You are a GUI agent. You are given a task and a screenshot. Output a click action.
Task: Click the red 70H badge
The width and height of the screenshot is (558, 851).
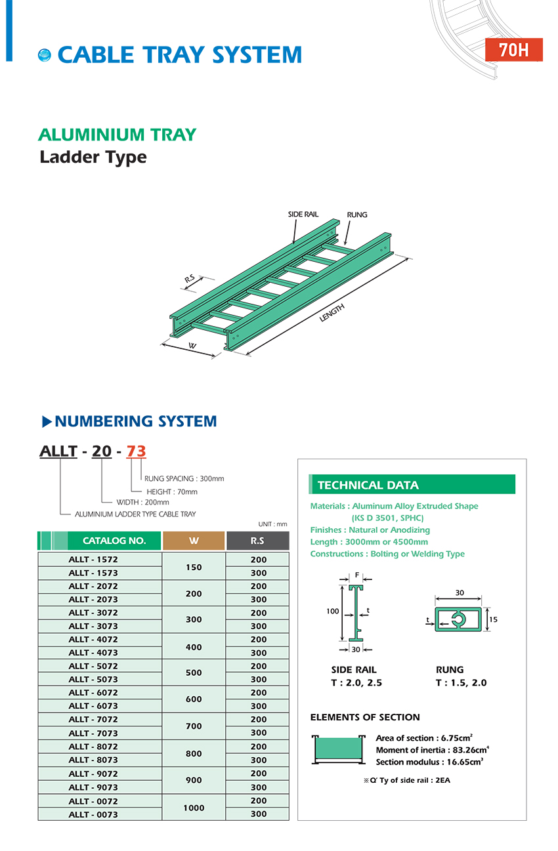[x=513, y=50]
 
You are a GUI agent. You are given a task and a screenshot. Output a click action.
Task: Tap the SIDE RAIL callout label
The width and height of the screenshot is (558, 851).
[x=303, y=215]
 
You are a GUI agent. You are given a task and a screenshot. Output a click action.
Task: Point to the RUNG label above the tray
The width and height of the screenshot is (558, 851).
[x=357, y=215]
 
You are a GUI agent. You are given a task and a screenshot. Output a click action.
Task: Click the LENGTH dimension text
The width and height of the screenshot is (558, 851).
[x=332, y=313]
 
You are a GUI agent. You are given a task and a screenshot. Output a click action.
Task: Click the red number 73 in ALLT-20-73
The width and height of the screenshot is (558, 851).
[x=136, y=451]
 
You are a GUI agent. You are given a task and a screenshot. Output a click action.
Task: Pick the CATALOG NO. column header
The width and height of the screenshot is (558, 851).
[x=114, y=541]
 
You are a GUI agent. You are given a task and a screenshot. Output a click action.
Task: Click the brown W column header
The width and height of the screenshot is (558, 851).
[x=194, y=541]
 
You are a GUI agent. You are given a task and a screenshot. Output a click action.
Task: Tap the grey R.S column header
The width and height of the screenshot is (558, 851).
[x=257, y=541]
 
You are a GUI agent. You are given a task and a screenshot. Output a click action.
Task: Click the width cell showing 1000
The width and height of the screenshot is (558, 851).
[x=194, y=808]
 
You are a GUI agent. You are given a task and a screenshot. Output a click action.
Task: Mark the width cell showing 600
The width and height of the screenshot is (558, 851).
[x=194, y=699]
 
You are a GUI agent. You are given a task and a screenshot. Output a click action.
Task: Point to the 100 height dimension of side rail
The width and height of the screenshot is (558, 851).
[x=332, y=612]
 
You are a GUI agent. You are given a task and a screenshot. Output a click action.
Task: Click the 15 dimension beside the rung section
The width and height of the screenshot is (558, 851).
[x=494, y=619]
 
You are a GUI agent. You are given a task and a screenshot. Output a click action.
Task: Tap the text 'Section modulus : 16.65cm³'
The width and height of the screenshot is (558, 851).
[x=429, y=762]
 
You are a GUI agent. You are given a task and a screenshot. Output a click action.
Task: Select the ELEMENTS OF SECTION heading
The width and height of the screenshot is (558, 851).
[x=364, y=717]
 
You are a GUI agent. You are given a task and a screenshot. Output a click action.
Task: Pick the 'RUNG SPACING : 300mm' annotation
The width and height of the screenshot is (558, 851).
[x=184, y=478]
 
